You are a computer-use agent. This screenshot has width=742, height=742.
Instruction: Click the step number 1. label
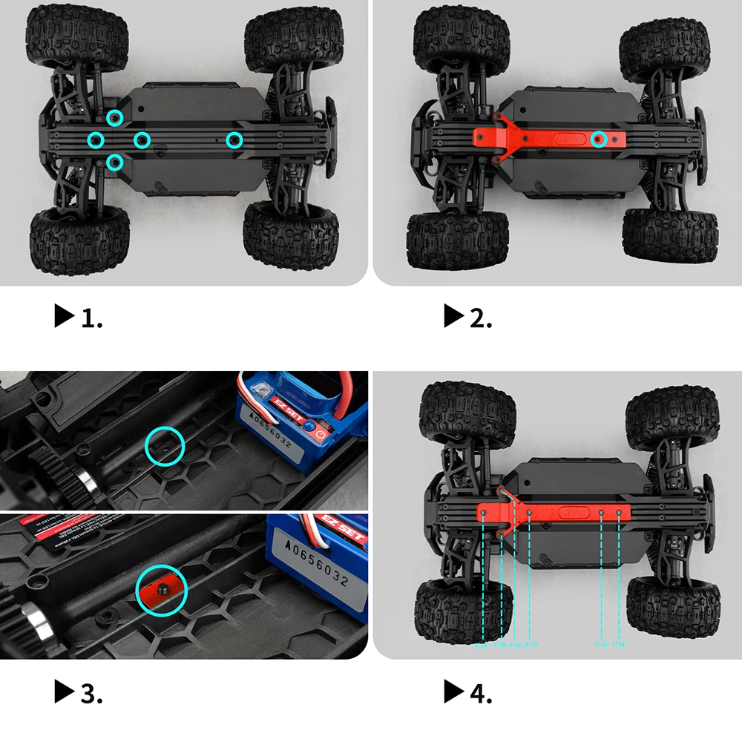[x=91, y=318]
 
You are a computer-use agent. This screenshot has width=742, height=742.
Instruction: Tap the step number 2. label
[x=481, y=318]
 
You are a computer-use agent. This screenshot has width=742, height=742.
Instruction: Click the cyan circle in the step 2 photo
[x=600, y=138]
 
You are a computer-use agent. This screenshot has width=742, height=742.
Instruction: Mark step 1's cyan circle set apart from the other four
[x=234, y=139]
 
